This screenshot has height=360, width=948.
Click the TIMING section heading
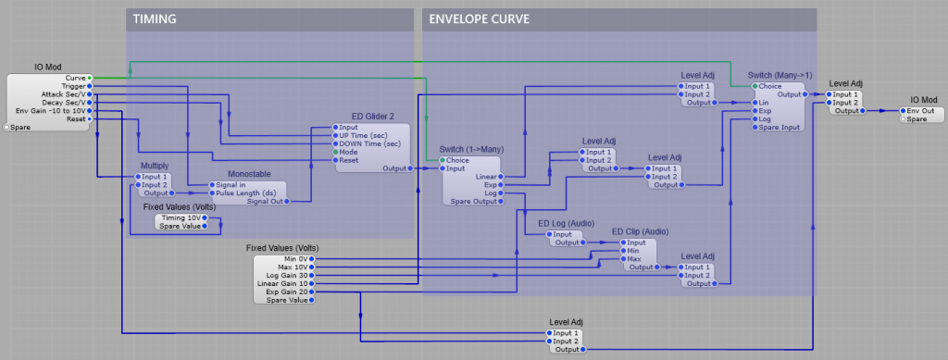click(155, 19)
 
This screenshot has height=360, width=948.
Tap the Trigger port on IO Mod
click(73, 86)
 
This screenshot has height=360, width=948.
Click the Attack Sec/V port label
click(65, 94)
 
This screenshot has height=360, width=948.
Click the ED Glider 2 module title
click(372, 116)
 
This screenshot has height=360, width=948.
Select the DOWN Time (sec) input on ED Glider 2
click(369, 143)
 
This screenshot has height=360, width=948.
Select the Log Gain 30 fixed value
click(289, 275)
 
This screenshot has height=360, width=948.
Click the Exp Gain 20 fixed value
click(289, 292)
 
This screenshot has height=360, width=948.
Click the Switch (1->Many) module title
click(471, 148)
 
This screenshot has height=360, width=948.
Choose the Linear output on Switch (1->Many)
click(485, 176)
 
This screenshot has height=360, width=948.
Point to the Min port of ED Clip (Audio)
click(634, 250)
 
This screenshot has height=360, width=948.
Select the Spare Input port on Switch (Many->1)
click(779, 127)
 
